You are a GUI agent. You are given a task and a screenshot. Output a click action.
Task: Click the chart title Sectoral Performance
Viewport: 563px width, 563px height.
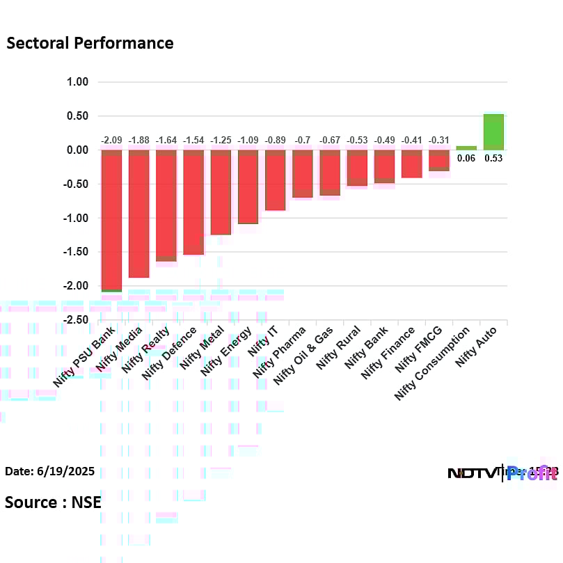[90, 43]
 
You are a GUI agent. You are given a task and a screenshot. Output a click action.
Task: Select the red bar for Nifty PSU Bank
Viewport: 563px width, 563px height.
[111, 220]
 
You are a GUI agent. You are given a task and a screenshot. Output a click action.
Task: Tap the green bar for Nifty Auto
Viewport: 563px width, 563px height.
[493, 132]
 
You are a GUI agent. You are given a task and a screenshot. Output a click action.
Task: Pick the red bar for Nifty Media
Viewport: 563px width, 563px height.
[138, 214]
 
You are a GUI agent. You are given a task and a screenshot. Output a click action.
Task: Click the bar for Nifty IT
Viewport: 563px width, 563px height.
[275, 180]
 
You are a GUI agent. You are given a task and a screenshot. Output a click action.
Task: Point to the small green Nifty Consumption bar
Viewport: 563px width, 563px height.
[466, 148]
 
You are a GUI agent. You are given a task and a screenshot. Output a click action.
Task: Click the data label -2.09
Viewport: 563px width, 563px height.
[111, 140]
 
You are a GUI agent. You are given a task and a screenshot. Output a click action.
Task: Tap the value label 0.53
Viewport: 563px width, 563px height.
[493, 158]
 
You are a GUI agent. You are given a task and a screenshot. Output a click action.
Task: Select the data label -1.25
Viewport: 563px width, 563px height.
[221, 140]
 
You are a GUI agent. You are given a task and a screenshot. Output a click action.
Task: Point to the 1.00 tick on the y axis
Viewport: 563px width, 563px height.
[78, 82]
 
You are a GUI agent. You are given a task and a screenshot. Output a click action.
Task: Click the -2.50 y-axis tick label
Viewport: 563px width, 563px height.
[76, 320]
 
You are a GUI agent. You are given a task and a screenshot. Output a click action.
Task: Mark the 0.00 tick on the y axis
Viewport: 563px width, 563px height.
[78, 150]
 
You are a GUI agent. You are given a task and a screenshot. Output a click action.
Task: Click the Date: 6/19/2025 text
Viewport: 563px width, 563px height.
[50, 472]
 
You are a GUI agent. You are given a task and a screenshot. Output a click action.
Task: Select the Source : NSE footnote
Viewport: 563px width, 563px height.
[53, 502]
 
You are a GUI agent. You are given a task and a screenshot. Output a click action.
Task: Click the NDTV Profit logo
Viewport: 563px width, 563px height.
[501, 473]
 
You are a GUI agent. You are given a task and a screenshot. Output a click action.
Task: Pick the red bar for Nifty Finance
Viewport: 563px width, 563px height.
[411, 164]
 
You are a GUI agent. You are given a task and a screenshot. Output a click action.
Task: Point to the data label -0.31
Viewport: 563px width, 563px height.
[439, 140]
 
